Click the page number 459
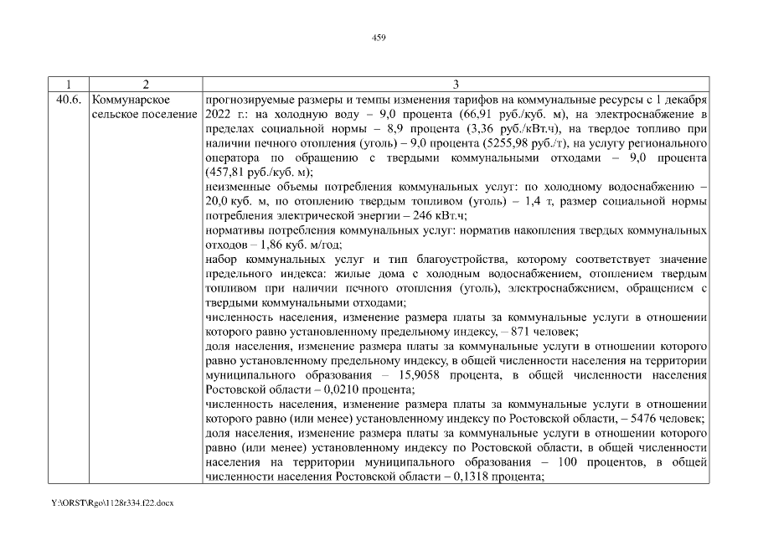[378, 37]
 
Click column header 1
[68, 85]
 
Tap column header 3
[455, 85]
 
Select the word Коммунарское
[126, 99]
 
